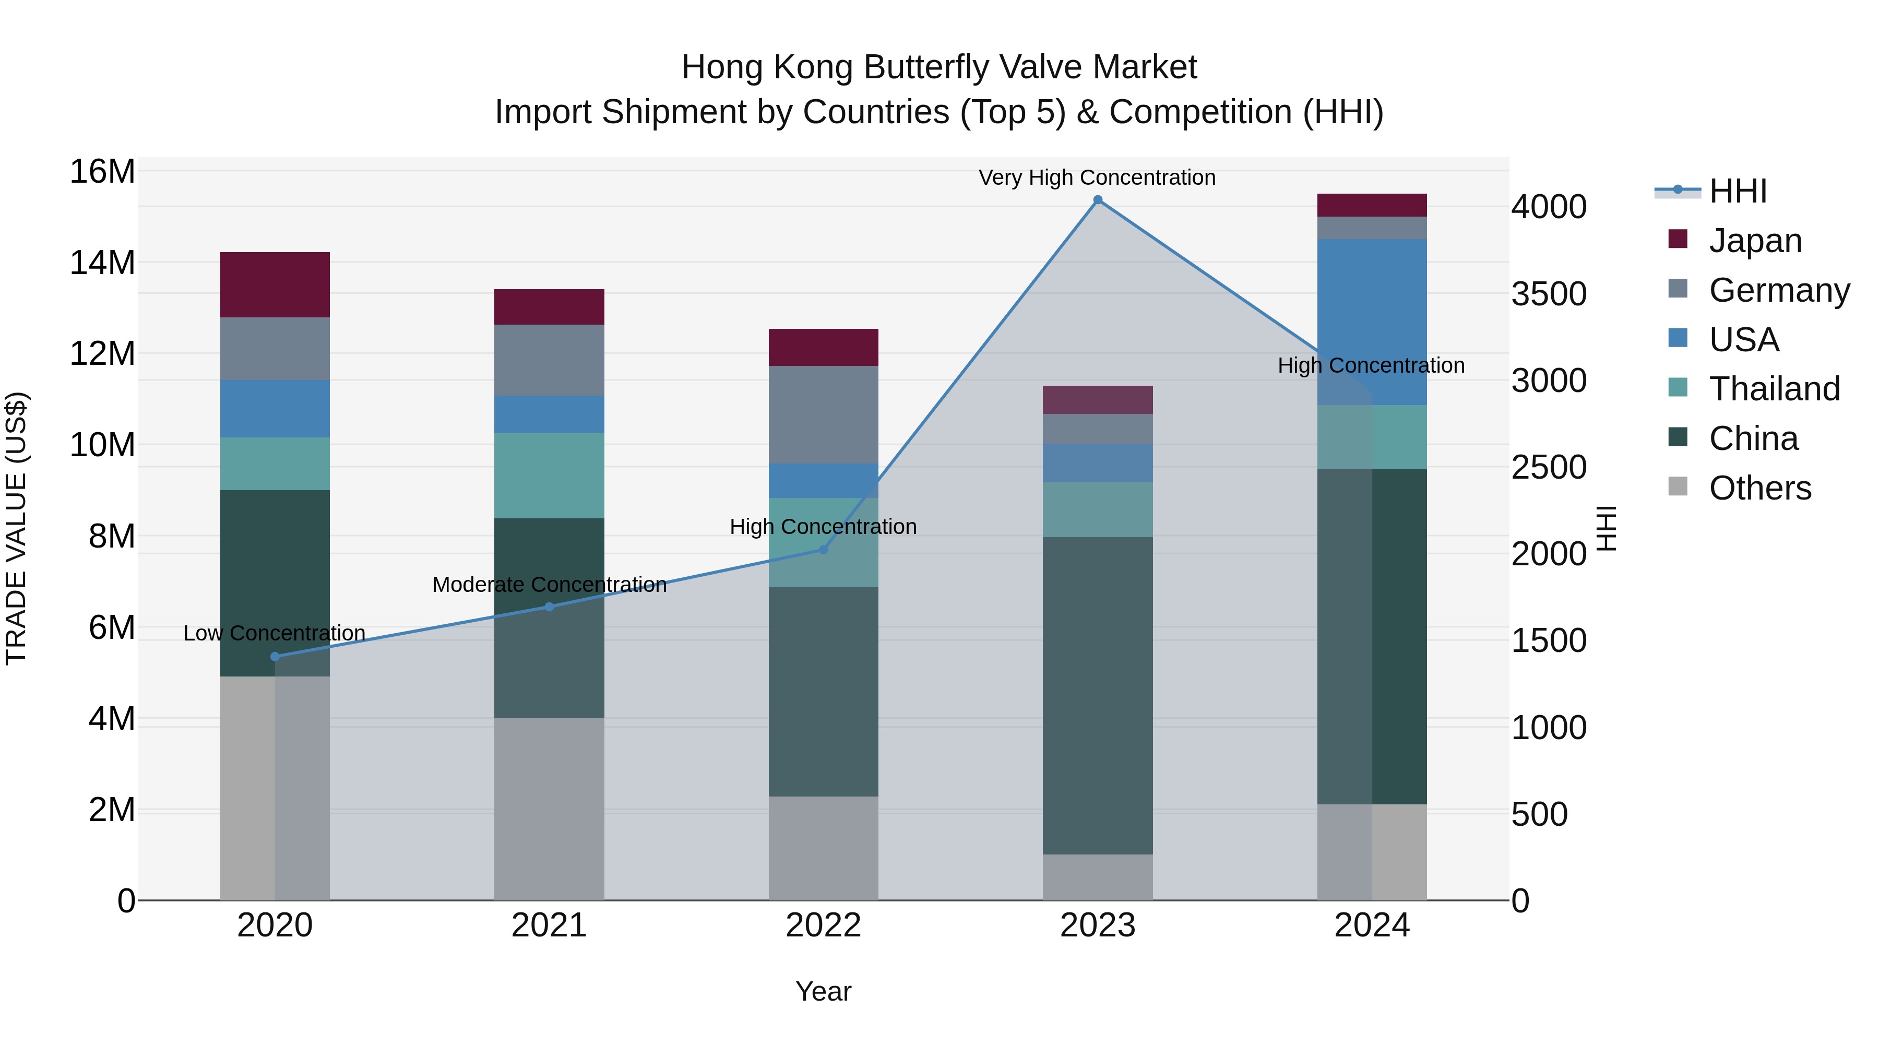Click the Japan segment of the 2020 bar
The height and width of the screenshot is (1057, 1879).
pos(275,284)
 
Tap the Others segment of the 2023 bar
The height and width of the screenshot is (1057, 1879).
pos(1097,877)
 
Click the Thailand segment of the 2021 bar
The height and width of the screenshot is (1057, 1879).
pos(549,475)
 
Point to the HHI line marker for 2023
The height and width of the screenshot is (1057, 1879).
pos(1097,200)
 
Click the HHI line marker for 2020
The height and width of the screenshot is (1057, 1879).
pos(275,657)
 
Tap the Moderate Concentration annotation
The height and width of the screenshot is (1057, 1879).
pos(549,584)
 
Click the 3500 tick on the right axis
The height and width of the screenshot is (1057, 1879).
pos(1548,294)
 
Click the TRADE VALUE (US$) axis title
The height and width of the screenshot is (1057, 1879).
pos(16,528)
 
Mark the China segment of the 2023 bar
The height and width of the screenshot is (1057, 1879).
pos(1097,695)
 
